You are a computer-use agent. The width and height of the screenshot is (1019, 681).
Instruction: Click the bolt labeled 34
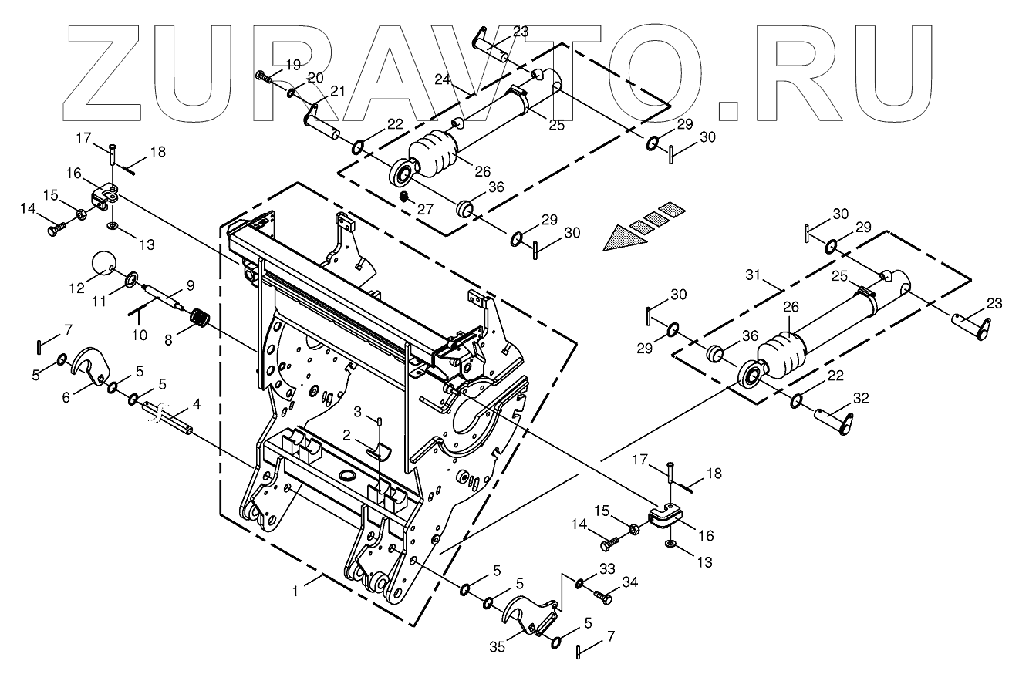(x=603, y=596)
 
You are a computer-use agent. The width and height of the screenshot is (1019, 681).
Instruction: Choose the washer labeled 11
(x=131, y=278)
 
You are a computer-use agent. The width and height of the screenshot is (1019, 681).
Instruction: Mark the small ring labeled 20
(x=290, y=93)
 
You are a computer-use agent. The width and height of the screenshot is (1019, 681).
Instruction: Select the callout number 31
(x=753, y=275)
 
